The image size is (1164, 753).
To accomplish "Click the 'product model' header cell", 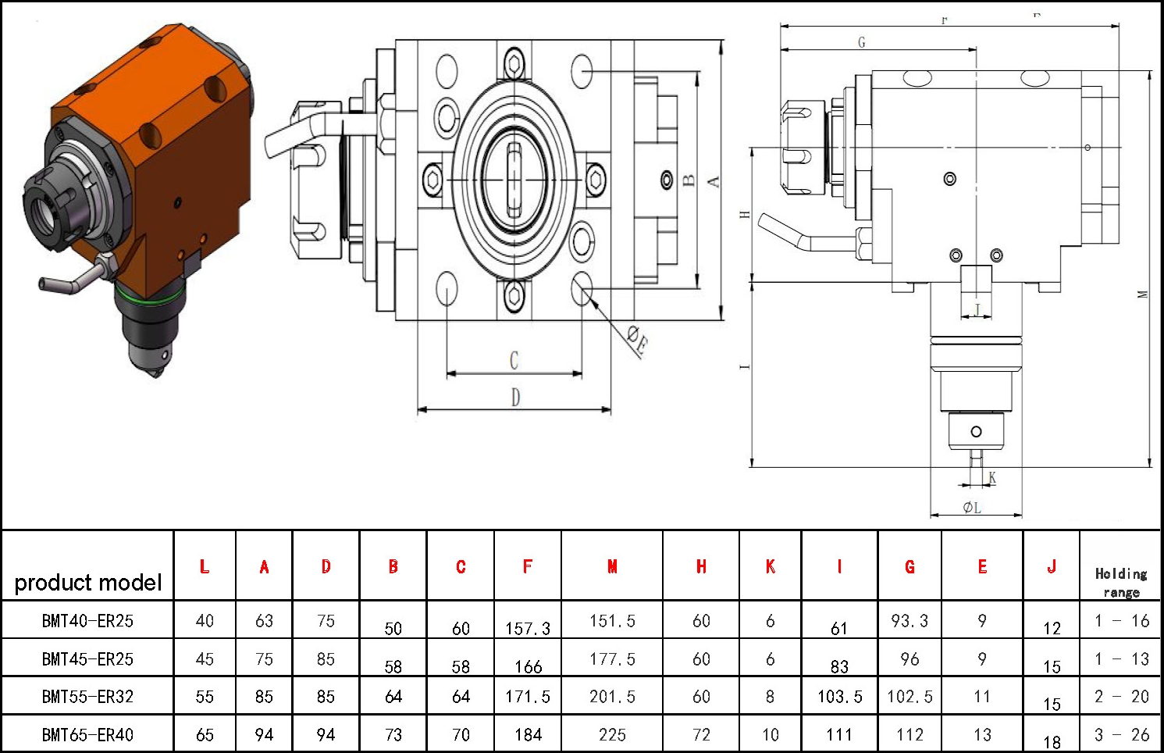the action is pos(87,583).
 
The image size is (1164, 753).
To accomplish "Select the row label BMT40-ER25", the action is pos(87,620).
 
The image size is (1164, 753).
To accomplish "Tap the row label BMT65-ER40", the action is pos(87,735).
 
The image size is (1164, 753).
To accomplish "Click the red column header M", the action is pos(612,566).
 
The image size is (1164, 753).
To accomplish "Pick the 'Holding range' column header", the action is pos(1121,583).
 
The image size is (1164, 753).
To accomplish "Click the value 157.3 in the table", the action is pos(528,629).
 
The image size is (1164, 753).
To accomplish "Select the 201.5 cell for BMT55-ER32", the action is pos(612,696).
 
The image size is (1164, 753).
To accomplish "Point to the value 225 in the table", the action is pos(612,735).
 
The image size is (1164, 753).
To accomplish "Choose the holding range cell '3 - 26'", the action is pos(1121,735).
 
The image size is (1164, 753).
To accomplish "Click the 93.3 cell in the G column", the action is pos(909,620).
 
